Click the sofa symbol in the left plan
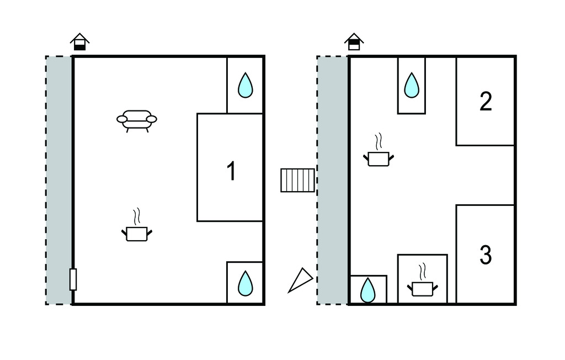point(137,119)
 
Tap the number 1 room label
point(232,171)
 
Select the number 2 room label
point(486,102)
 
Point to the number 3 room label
point(486,255)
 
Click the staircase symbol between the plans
point(298,180)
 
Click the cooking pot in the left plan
point(137,233)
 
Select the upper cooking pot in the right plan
point(379,158)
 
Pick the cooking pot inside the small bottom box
point(423,288)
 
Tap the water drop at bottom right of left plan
point(246,283)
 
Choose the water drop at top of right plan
point(412,86)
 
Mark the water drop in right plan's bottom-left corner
point(368,290)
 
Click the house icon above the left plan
point(80,42)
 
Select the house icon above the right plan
point(354,41)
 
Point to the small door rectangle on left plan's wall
point(73,279)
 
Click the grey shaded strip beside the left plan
point(59,179)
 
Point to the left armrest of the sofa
point(122,118)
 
